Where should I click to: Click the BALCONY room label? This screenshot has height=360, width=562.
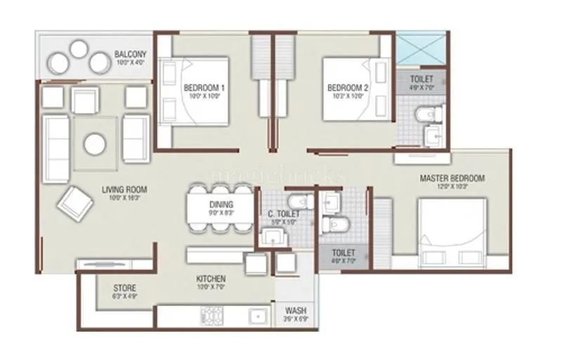pyautogui.click(x=131, y=53)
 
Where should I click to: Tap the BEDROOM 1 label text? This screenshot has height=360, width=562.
pyautogui.click(x=204, y=88)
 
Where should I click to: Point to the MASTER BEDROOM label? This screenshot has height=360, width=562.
pyautogui.click(x=452, y=179)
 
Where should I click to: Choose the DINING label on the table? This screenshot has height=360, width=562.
pyautogui.click(x=221, y=205)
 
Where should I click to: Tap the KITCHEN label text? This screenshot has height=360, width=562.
pyautogui.click(x=211, y=278)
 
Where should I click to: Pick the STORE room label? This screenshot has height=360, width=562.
pyautogui.click(x=125, y=288)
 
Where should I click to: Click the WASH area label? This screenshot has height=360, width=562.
pyautogui.click(x=295, y=311)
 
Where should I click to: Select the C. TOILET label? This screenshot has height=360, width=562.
pyautogui.click(x=284, y=214)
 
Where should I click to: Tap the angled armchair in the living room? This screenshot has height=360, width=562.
pyautogui.click(x=76, y=202)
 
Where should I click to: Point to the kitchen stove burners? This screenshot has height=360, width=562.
pyautogui.click(x=214, y=316)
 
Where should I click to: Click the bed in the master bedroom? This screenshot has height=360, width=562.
pyautogui.click(x=452, y=232)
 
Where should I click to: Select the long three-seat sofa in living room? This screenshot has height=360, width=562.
pyautogui.click(x=56, y=148)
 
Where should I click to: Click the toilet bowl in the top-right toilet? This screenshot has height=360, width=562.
pyautogui.click(x=426, y=112)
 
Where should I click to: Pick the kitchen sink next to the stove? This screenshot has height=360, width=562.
pyautogui.click(x=257, y=316)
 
